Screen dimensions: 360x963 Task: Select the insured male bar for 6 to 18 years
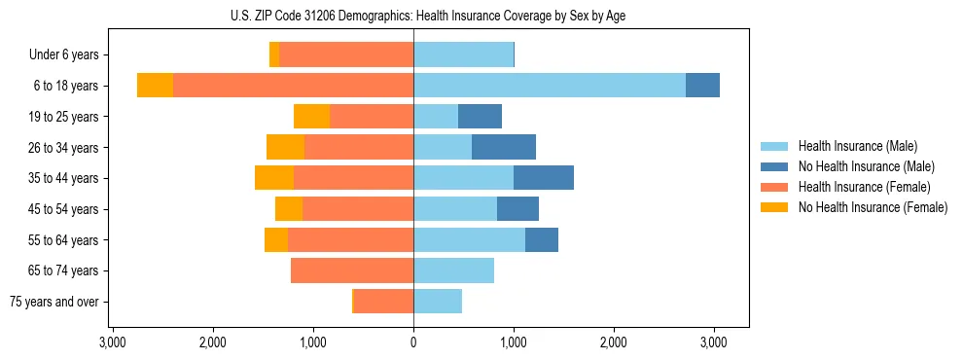tap(550, 86)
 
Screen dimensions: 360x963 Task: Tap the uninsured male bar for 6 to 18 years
tap(702, 86)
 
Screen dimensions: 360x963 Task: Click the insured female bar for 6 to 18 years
tap(293, 86)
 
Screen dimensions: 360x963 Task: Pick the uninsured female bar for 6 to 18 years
tap(155, 86)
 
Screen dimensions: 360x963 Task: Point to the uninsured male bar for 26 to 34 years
tap(504, 147)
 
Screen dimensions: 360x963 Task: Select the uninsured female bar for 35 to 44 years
tap(274, 178)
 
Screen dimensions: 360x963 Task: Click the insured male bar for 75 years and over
tap(438, 302)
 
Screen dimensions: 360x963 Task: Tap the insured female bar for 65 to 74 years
tap(352, 270)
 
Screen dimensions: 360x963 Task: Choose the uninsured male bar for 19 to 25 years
tap(480, 117)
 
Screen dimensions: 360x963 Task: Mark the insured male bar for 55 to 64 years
tap(469, 239)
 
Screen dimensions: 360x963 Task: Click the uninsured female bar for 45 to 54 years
tap(289, 209)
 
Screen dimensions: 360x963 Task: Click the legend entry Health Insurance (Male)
tap(857, 146)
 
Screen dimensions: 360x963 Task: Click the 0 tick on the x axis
tap(413, 342)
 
